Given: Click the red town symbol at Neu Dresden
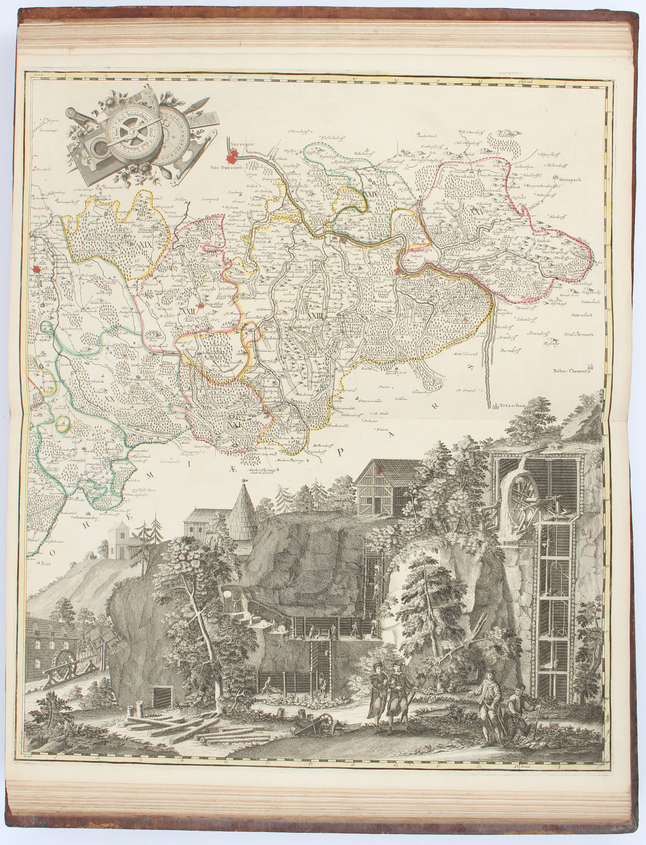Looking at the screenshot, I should click(233, 158).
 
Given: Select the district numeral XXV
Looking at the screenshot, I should click(477, 212).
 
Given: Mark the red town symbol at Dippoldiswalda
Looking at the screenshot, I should click(201, 306).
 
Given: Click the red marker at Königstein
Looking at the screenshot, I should click(399, 272).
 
